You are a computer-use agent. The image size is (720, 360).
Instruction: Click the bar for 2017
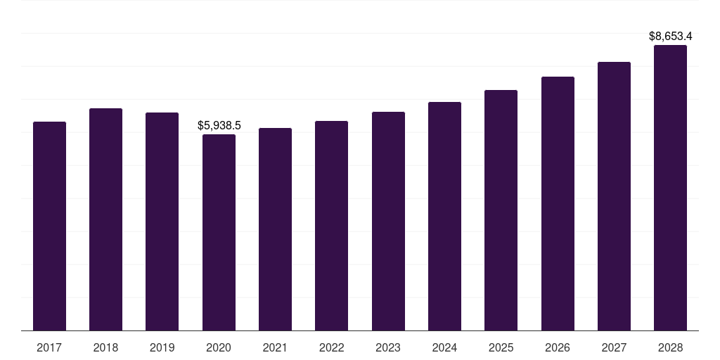pyautogui.click(x=49, y=226)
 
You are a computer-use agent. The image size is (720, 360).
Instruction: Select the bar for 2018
pyautogui.click(x=105, y=219)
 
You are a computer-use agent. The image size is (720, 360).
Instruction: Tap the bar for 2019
pyautogui.click(x=162, y=221)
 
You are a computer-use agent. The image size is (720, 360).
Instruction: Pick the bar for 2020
pyautogui.click(x=219, y=232)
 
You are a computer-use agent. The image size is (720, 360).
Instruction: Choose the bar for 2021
pyautogui.click(x=275, y=229)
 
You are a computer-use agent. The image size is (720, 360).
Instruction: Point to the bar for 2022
pyautogui.click(x=331, y=226)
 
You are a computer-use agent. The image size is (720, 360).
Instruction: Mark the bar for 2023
pyautogui.click(x=388, y=221)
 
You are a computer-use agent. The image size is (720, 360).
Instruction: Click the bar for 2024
pyautogui.click(x=444, y=216)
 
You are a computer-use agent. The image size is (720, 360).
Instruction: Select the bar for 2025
pyautogui.click(x=501, y=210)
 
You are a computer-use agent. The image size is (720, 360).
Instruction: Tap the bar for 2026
pyautogui.click(x=558, y=203)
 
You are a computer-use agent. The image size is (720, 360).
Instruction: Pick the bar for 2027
pyautogui.click(x=614, y=196)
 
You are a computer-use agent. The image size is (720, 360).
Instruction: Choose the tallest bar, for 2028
pyautogui.click(x=670, y=188)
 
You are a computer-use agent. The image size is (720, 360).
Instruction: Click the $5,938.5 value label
pyautogui.click(x=219, y=126)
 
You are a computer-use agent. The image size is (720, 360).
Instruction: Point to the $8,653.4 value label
pyautogui.click(x=670, y=36)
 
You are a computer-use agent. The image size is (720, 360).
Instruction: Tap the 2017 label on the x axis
pyautogui.click(x=49, y=347)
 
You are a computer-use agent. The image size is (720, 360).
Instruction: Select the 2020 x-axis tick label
pyautogui.click(x=219, y=347)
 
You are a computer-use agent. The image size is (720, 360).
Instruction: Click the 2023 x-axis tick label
pyautogui.click(x=388, y=347)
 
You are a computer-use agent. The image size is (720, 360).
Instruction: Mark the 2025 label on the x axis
pyautogui.click(x=501, y=347)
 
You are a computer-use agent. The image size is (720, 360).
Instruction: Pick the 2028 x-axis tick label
pyautogui.click(x=670, y=347)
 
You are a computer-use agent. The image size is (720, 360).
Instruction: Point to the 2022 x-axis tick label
pyautogui.click(x=331, y=347)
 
